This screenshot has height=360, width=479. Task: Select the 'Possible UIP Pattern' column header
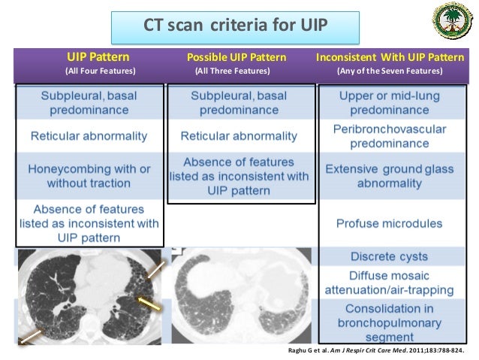point(236,57)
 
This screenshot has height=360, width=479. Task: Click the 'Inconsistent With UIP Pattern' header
point(390,57)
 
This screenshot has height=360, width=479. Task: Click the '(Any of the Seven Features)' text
point(390,71)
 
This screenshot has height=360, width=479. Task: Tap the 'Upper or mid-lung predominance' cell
point(390,103)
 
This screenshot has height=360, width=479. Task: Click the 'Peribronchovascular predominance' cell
point(390,136)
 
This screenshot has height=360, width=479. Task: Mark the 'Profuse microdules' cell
point(390,223)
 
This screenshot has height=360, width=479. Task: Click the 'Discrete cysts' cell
point(390,256)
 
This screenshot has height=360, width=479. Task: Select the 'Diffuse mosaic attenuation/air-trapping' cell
point(390,283)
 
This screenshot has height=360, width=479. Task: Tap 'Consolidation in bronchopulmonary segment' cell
point(390,322)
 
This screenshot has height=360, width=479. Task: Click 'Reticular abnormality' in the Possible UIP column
point(239,137)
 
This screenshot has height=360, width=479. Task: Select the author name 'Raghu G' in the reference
point(301,350)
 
